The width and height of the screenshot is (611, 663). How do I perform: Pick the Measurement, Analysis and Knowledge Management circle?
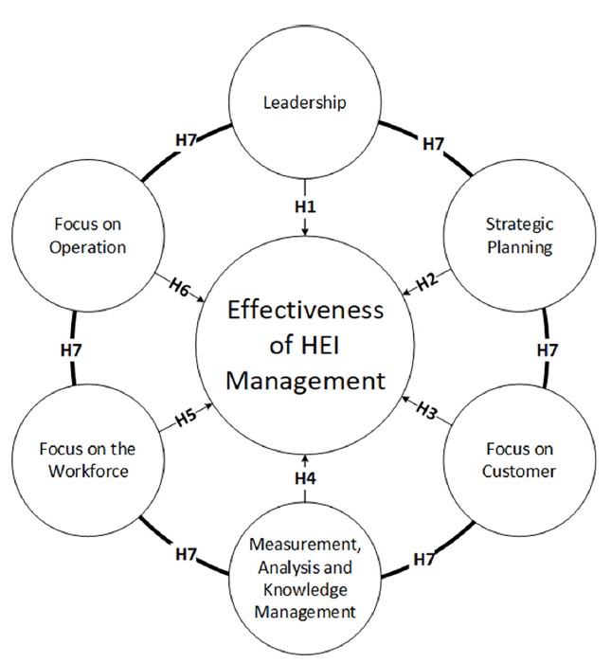(304, 578)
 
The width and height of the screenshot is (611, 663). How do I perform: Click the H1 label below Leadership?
(304, 206)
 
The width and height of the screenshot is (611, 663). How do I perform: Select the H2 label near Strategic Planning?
(425, 279)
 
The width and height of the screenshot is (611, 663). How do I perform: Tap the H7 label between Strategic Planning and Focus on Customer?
(547, 349)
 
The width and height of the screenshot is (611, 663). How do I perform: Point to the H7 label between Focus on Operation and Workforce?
(73, 349)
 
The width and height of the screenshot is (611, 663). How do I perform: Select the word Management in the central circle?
(304, 381)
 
